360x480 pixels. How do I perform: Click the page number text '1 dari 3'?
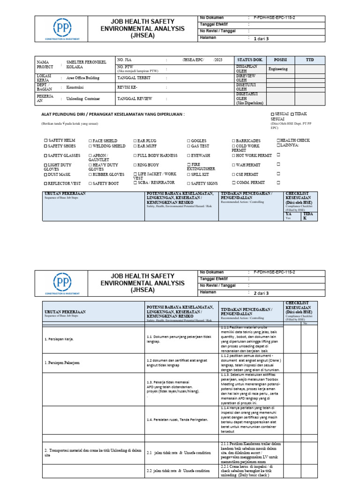pos(261,39)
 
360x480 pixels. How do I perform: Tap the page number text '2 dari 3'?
pos(261,293)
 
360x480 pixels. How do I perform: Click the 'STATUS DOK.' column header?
pos(251,60)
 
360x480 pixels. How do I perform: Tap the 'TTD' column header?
pos(310,60)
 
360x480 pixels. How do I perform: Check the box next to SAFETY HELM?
pos(45,141)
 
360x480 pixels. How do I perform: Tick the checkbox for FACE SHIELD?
pos(90,141)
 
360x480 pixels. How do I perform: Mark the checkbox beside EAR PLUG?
pos(135,141)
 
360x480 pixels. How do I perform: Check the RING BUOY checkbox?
pos(135,165)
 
